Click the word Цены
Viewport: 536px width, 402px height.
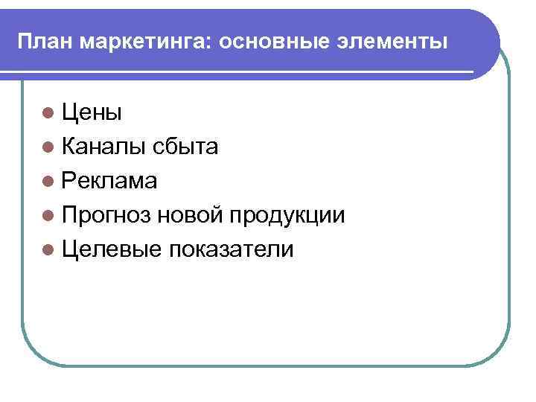pyautogui.click(x=92, y=113)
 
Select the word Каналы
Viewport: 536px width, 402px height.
pyautogui.click(x=105, y=147)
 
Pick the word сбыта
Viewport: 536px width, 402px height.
pyautogui.click(x=186, y=147)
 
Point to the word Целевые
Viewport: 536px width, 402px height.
pyautogui.click(x=112, y=250)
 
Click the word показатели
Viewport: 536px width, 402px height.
pyautogui.click(x=232, y=250)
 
